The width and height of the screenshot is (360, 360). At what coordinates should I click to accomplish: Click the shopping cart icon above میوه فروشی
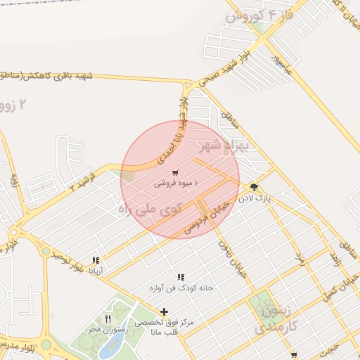(x=174, y=173)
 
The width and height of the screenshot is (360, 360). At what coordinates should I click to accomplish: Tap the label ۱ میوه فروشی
(x=176, y=184)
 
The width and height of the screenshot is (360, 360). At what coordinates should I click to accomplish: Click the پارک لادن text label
(x=254, y=199)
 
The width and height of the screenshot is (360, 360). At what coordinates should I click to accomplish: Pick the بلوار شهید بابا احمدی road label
(x=174, y=131)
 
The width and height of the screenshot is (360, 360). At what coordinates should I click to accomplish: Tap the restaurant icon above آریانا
(x=95, y=260)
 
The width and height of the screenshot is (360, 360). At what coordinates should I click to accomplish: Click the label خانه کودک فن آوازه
(x=181, y=288)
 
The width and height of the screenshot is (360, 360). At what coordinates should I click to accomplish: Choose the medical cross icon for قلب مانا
(x=165, y=311)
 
